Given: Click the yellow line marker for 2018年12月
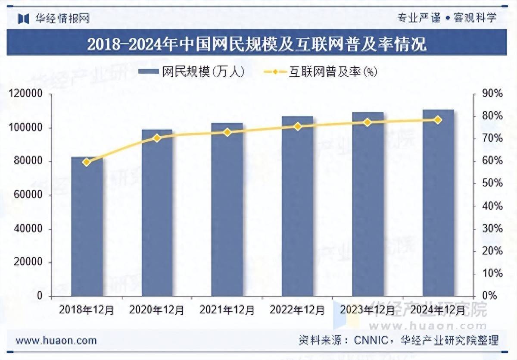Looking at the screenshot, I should (x=86, y=162).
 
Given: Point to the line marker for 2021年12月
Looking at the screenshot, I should (x=227, y=132).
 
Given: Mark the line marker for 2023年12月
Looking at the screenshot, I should (x=367, y=122).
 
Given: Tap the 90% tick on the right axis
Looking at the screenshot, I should (x=492, y=94).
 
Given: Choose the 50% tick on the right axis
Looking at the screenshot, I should (x=492, y=184).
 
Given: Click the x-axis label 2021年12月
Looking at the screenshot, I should (x=227, y=310).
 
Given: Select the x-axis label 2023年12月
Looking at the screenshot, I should (x=367, y=310).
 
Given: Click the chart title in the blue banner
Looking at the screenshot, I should (x=257, y=44).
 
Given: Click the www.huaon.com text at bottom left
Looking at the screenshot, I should (x=56, y=341).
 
